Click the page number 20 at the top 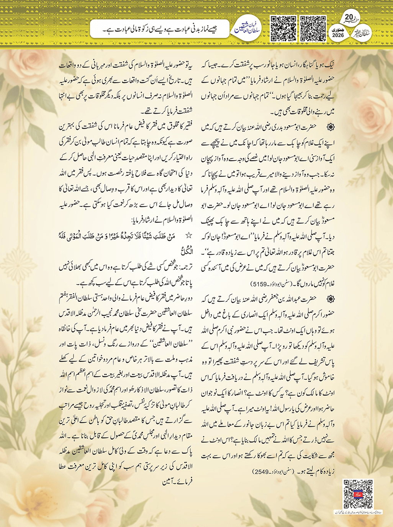(349, 17)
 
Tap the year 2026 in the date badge (338, 35)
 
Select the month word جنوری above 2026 (338, 29)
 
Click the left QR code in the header (283, 28)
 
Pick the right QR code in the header (313, 28)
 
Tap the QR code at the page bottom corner (358, 494)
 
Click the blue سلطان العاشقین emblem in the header (247, 29)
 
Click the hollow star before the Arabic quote (188, 236)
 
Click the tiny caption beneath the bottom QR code (358, 512)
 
